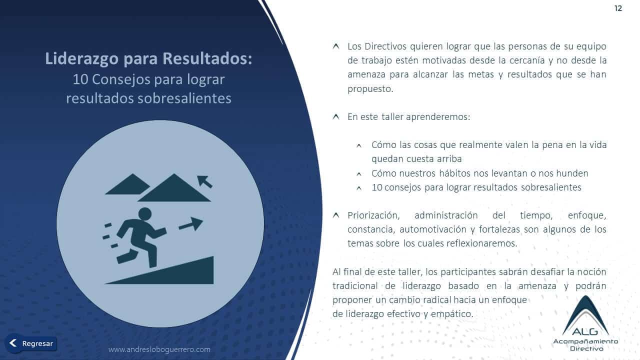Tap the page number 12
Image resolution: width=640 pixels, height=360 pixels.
618,8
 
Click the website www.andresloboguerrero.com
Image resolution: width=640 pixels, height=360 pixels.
159,349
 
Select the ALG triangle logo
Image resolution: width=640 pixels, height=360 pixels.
585,316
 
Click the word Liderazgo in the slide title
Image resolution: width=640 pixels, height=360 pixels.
81,58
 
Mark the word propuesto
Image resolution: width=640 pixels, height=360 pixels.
370,89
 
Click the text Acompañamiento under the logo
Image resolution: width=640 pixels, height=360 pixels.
585,341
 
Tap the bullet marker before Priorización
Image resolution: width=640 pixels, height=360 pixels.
336,215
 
